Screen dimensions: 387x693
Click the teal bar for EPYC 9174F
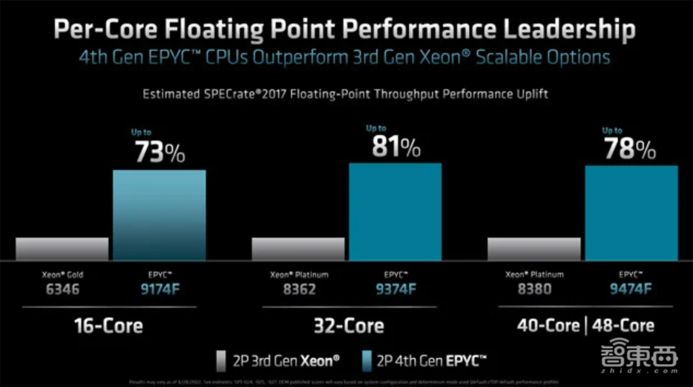[x=159, y=214]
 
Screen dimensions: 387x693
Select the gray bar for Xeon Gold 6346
[x=62, y=248]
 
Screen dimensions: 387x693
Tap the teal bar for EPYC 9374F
[x=395, y=211]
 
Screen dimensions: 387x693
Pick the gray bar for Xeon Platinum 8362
[x=298, y=248]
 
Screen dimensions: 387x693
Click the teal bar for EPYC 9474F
[x=631, y=212]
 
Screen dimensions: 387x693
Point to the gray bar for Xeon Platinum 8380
[x=534, y=248]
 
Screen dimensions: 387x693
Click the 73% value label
[x=159, y=152]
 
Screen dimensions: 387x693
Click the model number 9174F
[x=159, y=289]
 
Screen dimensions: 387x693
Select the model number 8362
[x=299, y=289]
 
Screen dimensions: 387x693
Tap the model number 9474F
[x=631, y=289]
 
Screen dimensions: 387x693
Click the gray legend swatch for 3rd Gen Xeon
[x=220, y=360]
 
